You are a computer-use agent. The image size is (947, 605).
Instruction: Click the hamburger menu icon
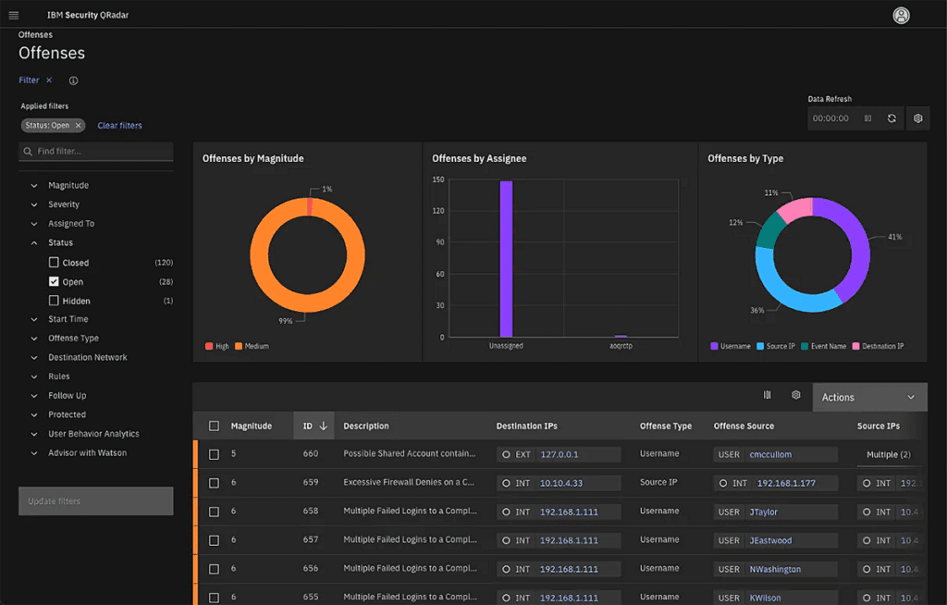(13, 15)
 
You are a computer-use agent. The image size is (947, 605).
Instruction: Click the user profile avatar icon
(901, 16)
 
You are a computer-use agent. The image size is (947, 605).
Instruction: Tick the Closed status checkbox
(54, 263)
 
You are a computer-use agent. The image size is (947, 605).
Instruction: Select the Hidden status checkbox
(54, 301)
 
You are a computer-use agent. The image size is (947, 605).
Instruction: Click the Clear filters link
(119, 126)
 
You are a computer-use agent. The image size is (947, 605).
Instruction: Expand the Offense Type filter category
(73, 339)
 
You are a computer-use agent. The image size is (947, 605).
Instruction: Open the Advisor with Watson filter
(87, 453)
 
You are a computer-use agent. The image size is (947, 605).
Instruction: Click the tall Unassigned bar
(506, 259)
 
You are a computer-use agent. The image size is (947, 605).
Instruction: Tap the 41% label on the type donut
(894, 238)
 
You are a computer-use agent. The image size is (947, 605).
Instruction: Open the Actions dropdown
(868, 397)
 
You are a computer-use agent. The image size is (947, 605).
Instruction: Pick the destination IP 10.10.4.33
(562, 483)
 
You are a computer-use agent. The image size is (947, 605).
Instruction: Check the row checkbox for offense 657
(215, 540)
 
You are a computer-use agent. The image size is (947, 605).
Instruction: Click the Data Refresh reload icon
(892, 118)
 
